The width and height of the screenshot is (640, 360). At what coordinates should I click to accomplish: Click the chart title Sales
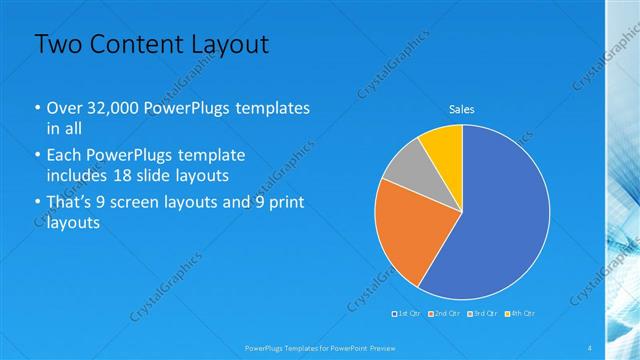(461, 109)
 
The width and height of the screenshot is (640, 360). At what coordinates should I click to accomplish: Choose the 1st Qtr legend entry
(408, 314)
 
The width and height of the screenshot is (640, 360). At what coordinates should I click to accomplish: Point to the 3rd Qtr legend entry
(483, 314)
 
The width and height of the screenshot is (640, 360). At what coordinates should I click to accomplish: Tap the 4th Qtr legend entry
(520, 314)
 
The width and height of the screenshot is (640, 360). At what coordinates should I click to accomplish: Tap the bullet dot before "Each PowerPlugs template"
(38, 156)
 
